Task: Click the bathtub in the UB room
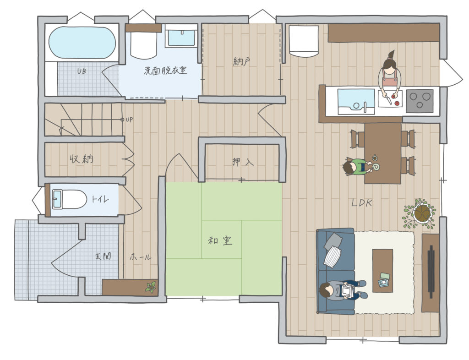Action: [x=82, y=43]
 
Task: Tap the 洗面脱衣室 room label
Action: [x=165, y=71]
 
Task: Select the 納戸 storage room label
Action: [x=241, y=61]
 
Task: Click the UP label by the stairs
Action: [x=129, y=120]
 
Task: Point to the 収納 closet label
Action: [x=82, y=159]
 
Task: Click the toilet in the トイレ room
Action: [x=69, y=199]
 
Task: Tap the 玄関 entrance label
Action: [x=103, y=256]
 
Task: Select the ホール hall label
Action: [x=140, y=256]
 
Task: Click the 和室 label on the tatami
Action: [x=220, y=240]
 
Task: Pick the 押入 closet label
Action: [x=243, y=162]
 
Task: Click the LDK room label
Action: [x=362, y=203]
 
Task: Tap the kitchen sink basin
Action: [x=356, y=101]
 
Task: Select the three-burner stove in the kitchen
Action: [x=420, y=101]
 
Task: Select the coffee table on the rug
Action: [x=382, y=271]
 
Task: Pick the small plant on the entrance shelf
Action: [x=151, y=287]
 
